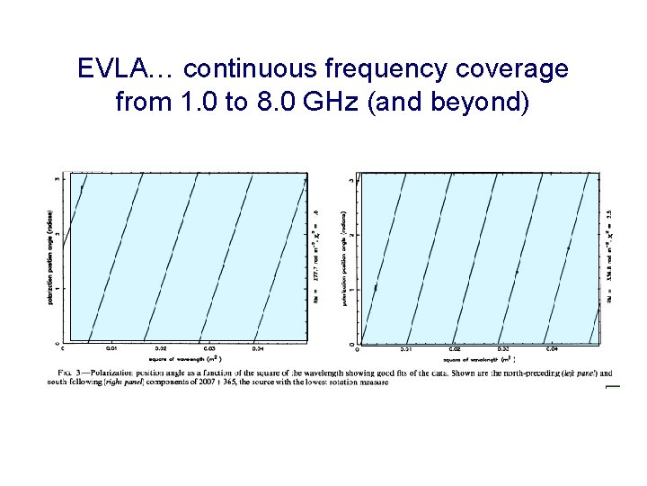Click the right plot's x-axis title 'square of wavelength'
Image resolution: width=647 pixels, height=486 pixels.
[476, 357]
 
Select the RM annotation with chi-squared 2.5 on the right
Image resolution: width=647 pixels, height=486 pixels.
[610, 261]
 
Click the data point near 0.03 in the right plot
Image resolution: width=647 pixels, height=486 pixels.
[517, 270]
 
